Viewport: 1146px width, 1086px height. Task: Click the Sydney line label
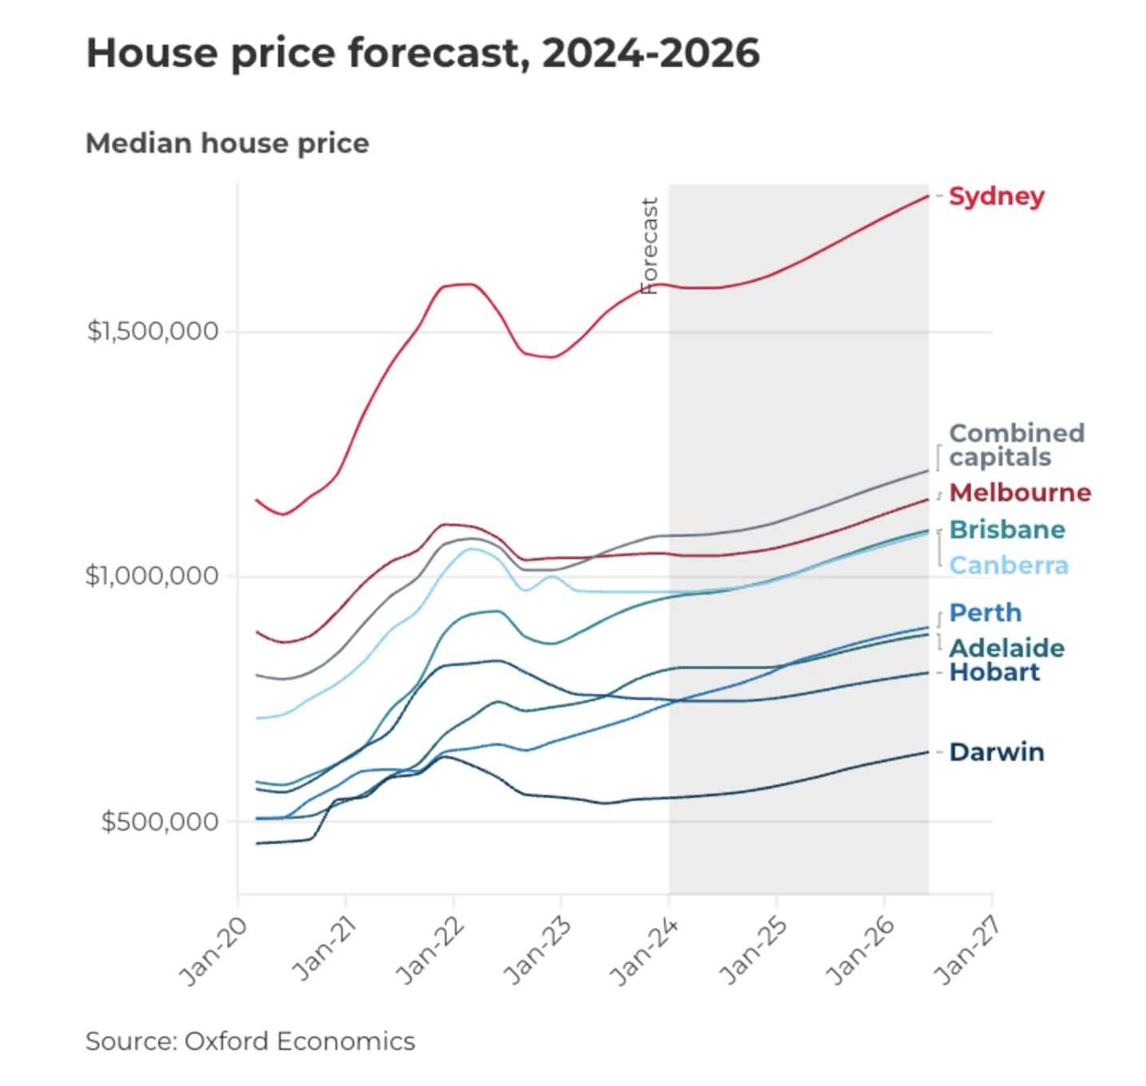(x=996, y=196)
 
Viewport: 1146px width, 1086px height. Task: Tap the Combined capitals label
(x=1016, y=445)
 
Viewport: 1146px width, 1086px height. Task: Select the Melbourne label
(x=1020, y=493)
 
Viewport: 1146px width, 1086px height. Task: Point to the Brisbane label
(x=1007, y=529)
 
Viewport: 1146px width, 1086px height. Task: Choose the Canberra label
(x=1009, y=565)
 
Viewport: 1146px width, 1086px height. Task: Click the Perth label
(x=985, y=612)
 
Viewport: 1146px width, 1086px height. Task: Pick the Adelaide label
(x=1007, y=648)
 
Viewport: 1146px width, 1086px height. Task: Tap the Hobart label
(x=994, y=672)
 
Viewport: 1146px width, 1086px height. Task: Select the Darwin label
(x=997, y=752)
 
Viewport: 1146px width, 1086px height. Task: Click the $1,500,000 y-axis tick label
(x=153, y=331)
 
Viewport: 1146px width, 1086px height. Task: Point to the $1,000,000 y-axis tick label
(x=152, y=576)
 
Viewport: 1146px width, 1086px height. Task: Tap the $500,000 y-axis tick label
(x=159, y=821)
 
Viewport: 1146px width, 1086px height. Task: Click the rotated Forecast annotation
(x=650, y=246)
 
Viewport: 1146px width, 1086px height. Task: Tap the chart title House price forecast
(x=423, y=54)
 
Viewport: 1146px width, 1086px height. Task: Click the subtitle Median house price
(x=227, y=144)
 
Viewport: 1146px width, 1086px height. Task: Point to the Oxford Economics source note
(x=250, y=1041)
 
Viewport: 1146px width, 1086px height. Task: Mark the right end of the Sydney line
(x=928, y=196)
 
